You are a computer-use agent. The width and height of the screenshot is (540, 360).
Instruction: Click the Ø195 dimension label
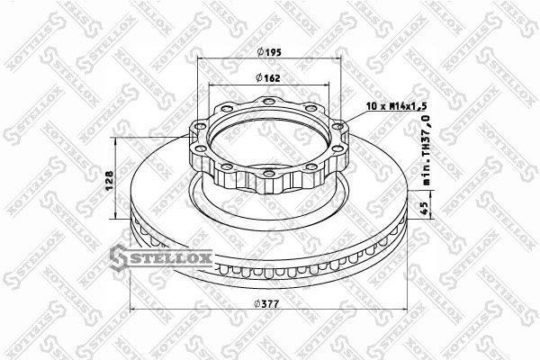click(x=269, y=52)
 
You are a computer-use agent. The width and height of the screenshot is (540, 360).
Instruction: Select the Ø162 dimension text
click(x=268, y=78)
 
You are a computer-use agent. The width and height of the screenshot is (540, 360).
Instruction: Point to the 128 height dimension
click(x=109, y=181)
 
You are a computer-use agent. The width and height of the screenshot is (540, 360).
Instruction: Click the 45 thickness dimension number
click(x=425, y=209)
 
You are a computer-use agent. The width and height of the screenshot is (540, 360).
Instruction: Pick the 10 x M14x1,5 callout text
click(x=396, y=106)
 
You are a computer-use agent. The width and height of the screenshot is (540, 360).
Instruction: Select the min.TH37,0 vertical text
click(x=427, y=150)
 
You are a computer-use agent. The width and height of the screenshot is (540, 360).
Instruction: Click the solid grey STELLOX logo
click(x=161, y=257)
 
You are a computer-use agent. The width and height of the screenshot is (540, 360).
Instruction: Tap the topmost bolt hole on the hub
click(x=268, y=102)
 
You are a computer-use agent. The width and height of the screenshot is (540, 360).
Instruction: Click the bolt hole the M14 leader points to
click(x=337, y=126)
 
